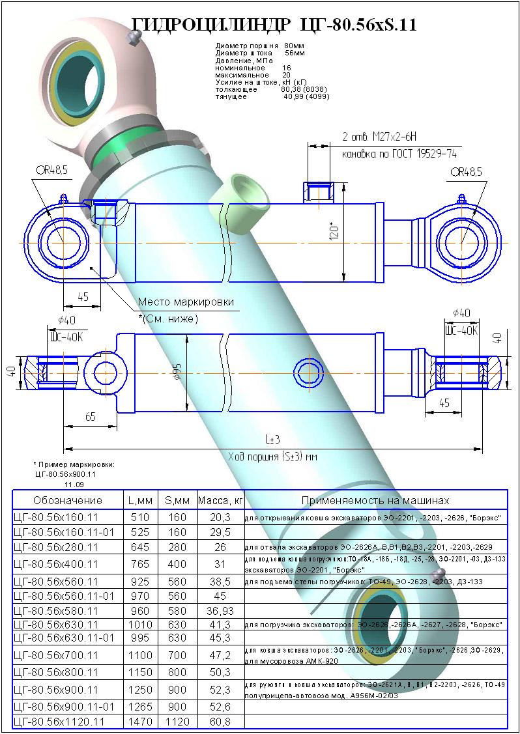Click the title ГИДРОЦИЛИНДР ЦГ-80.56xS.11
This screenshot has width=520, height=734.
click(274, 24)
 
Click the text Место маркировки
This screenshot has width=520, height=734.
click(185, 303)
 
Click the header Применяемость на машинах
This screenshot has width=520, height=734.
click(375, 500)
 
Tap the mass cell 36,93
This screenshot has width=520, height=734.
click(220, 611)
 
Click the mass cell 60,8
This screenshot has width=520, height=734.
click(220, 721)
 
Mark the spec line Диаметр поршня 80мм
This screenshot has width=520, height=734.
click(255, 46)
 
